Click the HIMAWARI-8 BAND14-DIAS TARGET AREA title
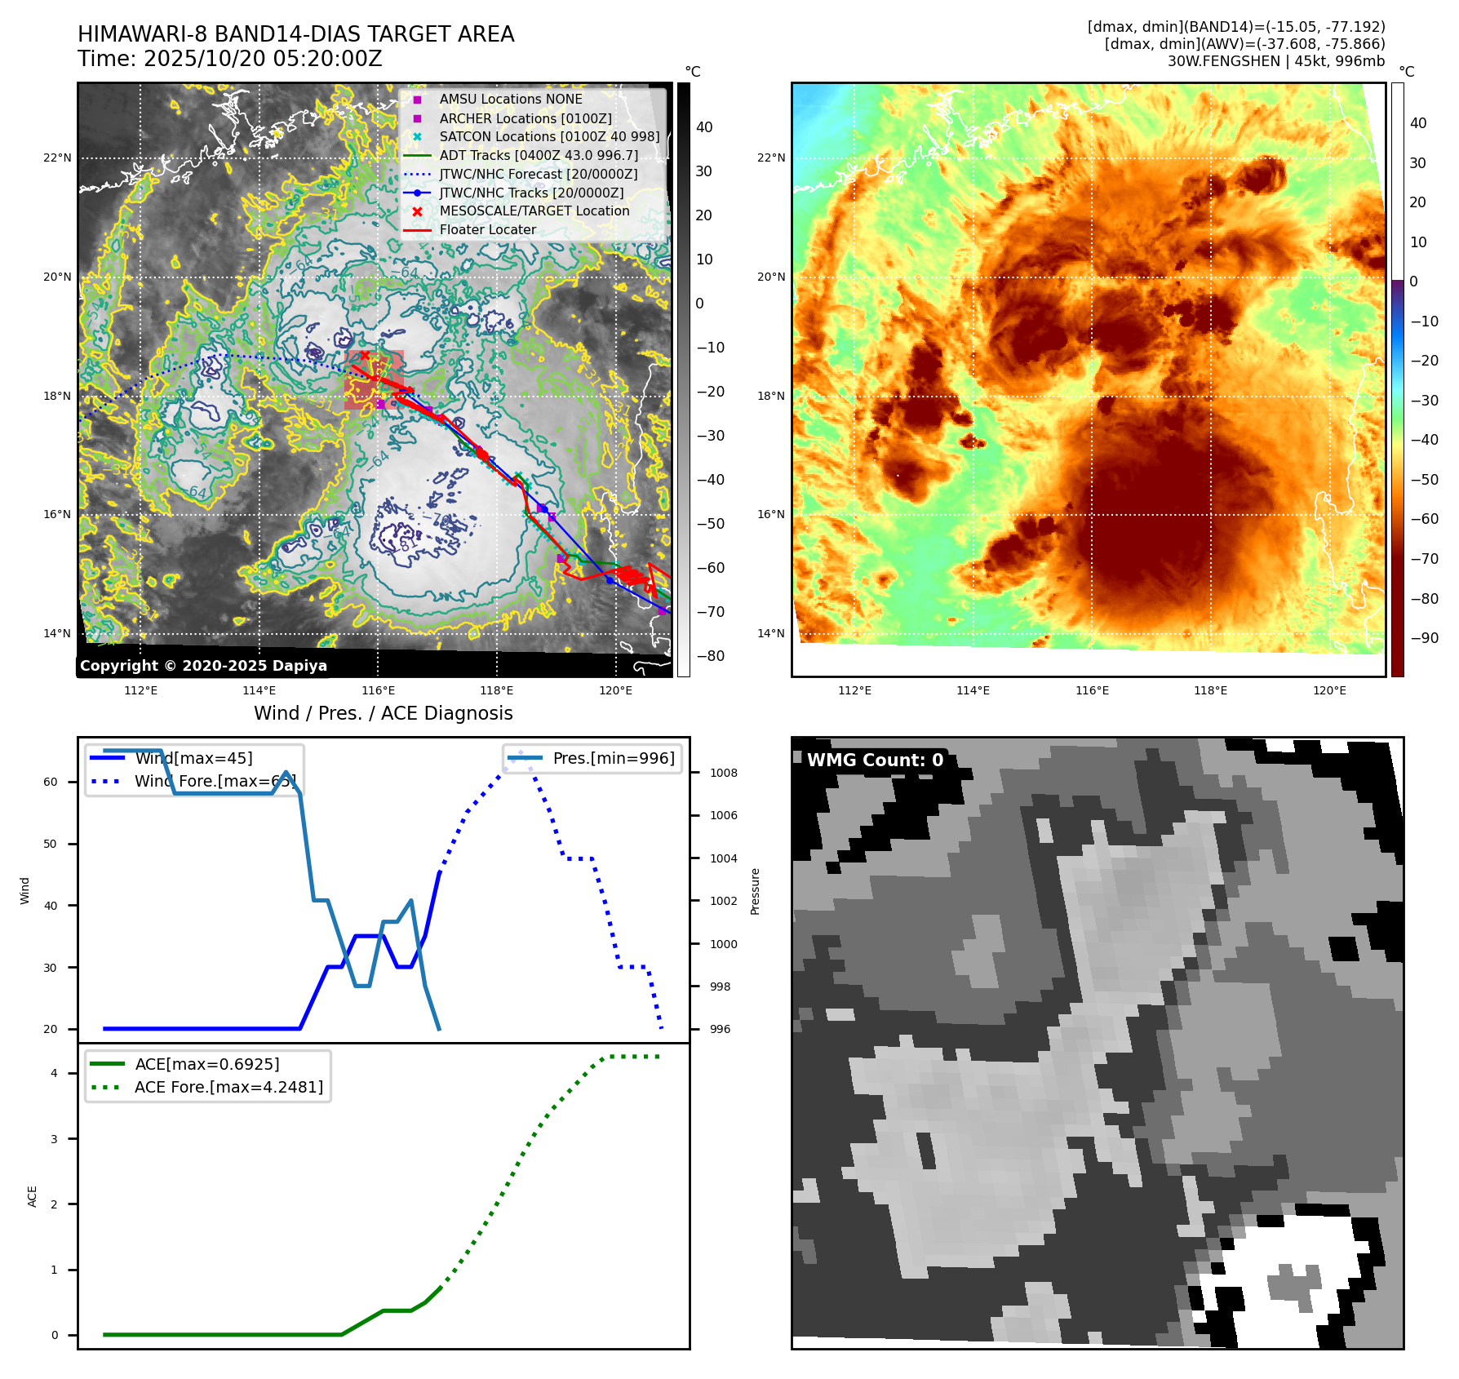(x=295, y=34)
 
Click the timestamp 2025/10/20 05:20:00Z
(x=229, y=59)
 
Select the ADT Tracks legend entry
(x=539, y=155)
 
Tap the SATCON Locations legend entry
(x=549, y=136)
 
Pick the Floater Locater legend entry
(x=487, y=229)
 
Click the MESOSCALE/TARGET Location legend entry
(x=534, y=211)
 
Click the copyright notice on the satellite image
(x=203, y=666)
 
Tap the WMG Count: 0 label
(x=875, y=760)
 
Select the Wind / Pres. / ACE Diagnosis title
(x=383, y=713)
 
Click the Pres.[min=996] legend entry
(x=614, y=758)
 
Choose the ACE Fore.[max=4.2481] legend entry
(x=228, y=1087)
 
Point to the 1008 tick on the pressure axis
(x=723, y=773)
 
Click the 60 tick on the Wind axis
(x=51, y=782)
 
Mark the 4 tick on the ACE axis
(x=54, y=1073)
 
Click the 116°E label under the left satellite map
(x=378, y=690)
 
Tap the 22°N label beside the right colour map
(x=771, y=157)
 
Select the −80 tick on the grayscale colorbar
(x=710, y=656)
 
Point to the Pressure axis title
(x=755, y=891)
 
